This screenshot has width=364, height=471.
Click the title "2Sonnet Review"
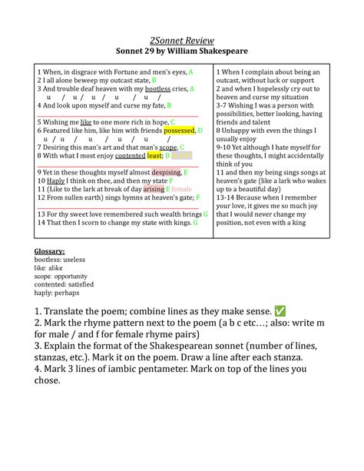click(182, 40)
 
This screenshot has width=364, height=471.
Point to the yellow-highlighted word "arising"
click(153, 189)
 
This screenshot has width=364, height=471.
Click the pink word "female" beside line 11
click(181, 189)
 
